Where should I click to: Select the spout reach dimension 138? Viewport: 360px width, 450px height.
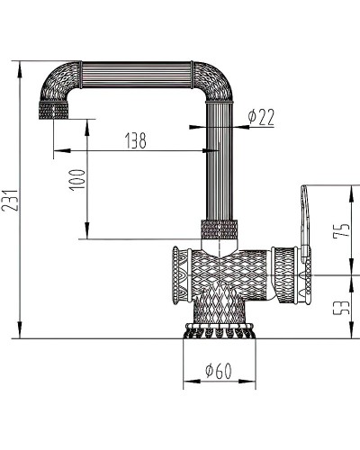(x=135, y=139)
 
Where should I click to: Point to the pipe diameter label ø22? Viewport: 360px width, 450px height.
(x=260, y=116)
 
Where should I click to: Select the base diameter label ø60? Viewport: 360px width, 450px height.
(x=220, y=369)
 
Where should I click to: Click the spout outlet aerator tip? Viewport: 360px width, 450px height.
(x=54, y=115)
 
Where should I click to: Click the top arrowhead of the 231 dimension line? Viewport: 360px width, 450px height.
(x=20, y=64)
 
